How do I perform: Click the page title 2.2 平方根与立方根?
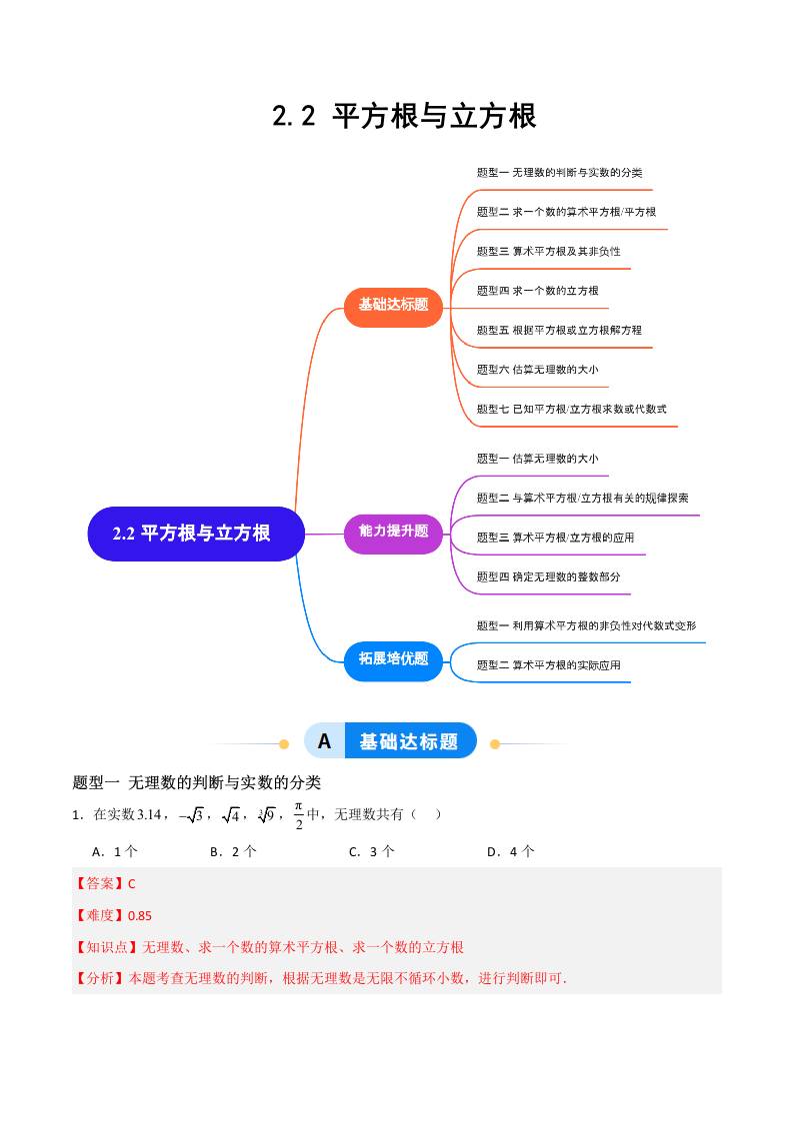pyautogui.click(x=404, y=116)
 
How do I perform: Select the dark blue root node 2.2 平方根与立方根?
pyautogui.click(x=192, y=534)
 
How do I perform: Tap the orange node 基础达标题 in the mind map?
pyautogui.click(x=393, y=305)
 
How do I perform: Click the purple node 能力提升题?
pyautogui.click(x=393, y=532)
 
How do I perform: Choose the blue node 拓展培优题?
pyautogui.click(x=393, y=658)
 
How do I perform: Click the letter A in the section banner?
pyautogui.click(x=324, y=741)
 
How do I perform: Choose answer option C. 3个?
pyautogui.click(x=371, y=852)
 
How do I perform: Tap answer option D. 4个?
pyautogui.click(x=510, y=852)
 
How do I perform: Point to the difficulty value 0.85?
pyautogui.click(x=138, y=915)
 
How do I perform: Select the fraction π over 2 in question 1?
pyautogui.click(x=297, y=814)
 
